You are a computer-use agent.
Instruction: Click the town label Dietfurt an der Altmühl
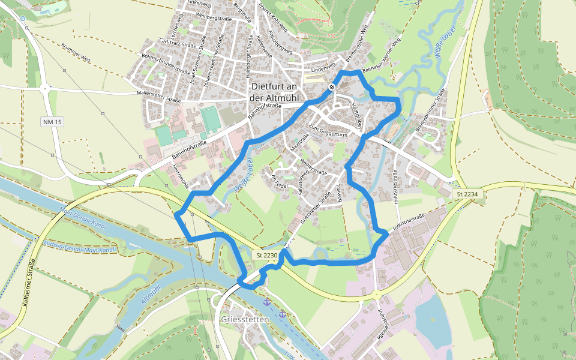pos(277,92)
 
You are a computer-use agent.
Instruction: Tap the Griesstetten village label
pos(245,320)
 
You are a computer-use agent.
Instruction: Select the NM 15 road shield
pos(52,122)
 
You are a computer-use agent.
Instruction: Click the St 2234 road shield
pos(466,194)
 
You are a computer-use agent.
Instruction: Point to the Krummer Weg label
pos(76,53)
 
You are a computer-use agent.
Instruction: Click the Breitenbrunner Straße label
pos(428,111)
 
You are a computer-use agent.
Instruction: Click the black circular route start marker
pos(332,88)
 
